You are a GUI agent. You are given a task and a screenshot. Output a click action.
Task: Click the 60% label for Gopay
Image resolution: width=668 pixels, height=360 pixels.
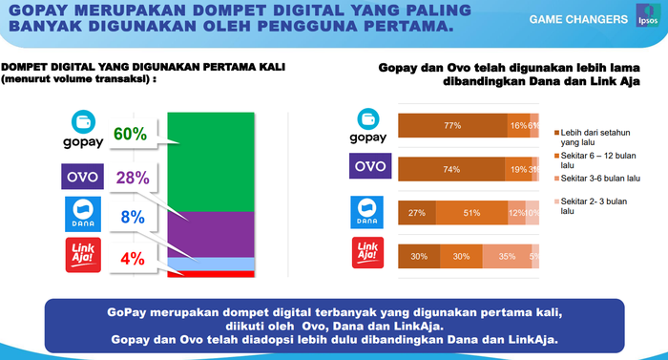click(130, 135)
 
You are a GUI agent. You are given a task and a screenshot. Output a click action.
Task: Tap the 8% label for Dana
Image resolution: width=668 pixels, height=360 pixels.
click(132, 217)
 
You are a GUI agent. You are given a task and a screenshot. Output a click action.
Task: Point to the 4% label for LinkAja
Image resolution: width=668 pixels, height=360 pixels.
click(132, 257)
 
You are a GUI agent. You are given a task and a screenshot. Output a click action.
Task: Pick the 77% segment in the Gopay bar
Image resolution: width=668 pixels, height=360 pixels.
click(452, 125)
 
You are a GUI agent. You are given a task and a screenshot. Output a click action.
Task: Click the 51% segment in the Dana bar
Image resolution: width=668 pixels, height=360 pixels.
click(471, 212)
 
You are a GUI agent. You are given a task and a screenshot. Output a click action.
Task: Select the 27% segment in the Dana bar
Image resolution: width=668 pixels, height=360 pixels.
click(416, 212)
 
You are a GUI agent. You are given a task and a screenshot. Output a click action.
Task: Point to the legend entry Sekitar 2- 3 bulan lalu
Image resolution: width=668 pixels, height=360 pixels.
click(591, 207)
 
